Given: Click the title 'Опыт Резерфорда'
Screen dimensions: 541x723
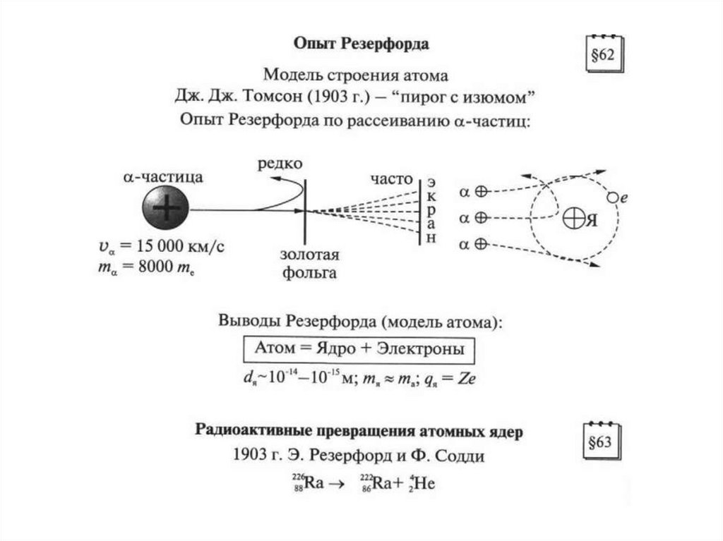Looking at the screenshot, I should pyautogui.click(x=361, y=44).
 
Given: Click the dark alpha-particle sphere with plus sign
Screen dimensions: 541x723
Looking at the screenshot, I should pyautogui.click(x=166, y=209).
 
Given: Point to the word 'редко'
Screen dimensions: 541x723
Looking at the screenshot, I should pyautogui.click(x=280, y=163).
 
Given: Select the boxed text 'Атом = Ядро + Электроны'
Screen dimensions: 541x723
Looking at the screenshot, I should pyautogui.click(x=359, y=350).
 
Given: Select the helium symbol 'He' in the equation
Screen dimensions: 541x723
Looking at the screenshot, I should pyautogui.click(x=423, y=486).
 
